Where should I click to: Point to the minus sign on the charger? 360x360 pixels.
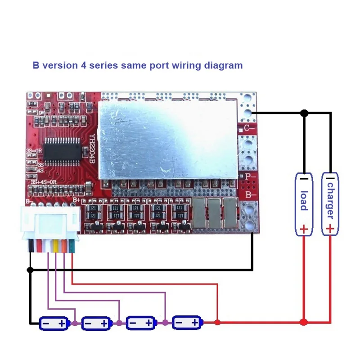click(x=330, y=179)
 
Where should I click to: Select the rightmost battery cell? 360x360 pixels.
click(x=187, y=323)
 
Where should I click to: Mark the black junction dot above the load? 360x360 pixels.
click(x=304, y=113)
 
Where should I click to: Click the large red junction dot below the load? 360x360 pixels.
click(x=304, y=322)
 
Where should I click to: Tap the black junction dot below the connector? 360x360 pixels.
click(x=30, y=270)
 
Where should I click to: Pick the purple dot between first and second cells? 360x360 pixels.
click(x=75, y=323)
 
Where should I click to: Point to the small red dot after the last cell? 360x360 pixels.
click(x=217, y=322)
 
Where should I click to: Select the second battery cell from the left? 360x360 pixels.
click(x=96, y=323)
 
